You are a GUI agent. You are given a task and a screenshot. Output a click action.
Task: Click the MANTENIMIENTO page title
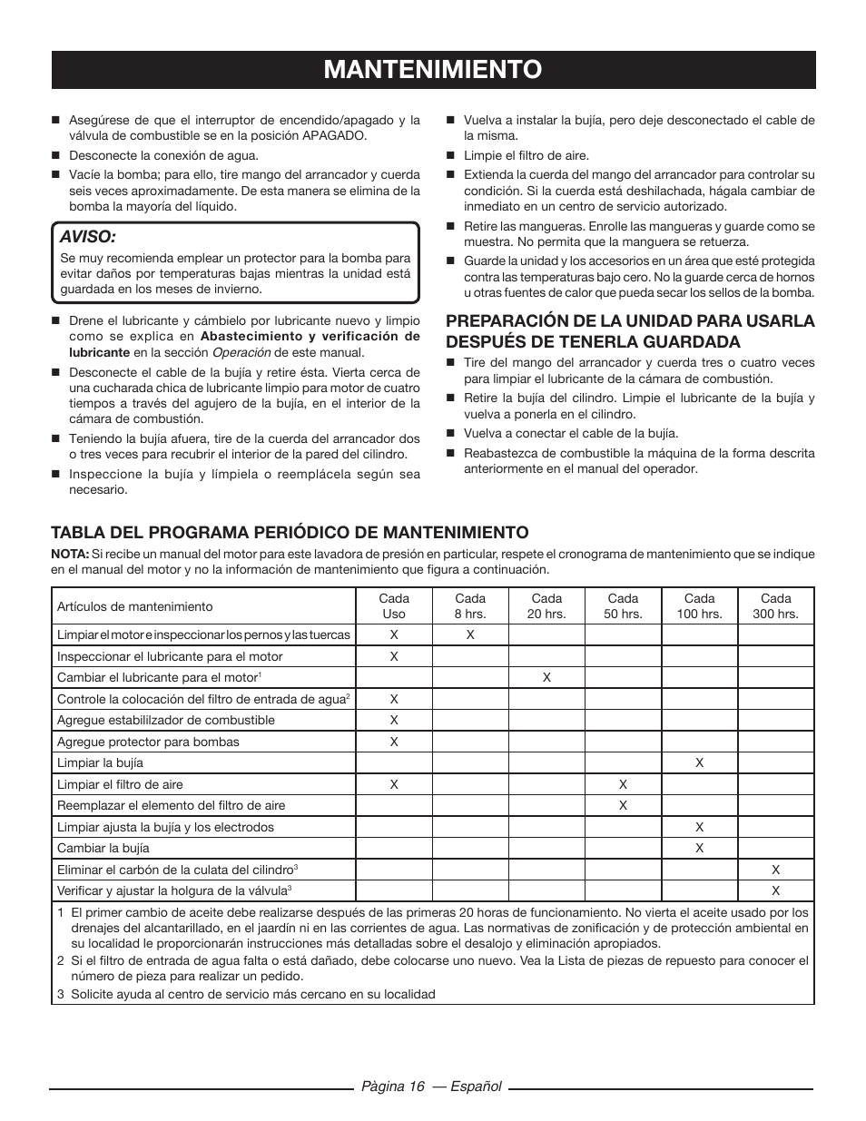pyautogui.click(x=433, y=69)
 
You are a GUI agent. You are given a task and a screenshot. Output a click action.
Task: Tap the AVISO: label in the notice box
pyautogui.click(x=88, y=236)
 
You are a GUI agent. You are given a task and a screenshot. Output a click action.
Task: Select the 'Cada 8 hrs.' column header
pyautogui.click(x=470, y=605)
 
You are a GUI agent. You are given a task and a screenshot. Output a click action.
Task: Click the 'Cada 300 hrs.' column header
pyautogui.click(x=775, y=605)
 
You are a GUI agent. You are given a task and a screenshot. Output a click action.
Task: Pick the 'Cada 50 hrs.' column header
pyautogui.click(x=623, y=605)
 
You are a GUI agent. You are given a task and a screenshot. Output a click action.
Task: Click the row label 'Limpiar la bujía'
pyautogui.click(x=100, y=763)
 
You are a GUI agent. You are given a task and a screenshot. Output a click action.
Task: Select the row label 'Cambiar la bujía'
pyautogui.click(x=103, y=848)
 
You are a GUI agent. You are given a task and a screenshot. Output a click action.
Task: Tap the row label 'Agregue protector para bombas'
pyautogui.click(x=148, y=742)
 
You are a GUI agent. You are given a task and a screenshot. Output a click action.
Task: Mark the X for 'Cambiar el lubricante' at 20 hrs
pyautogui.click(x=546, y=677)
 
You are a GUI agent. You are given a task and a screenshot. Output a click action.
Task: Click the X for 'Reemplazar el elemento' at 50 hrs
pyautogui.click(x=623, y=805)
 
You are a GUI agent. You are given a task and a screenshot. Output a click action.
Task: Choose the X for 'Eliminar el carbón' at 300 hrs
pyautogui.click(x=776, y=870)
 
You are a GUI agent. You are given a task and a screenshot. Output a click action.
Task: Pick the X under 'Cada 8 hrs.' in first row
pyautogui.click(x=470, y=634)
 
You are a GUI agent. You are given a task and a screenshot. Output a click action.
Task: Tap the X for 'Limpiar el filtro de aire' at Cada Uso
pyautogui.click(x=394, y=784)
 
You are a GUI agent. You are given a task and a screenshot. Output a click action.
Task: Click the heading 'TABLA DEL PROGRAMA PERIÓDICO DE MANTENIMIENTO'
pyautogui.click(x=290, y=531)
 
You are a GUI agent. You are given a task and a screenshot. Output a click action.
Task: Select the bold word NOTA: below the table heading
pyautogui.click(x=70, y=554)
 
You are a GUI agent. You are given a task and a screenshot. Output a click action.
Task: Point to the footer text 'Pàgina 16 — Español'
pyautogui.click(x=432, y=1087)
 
